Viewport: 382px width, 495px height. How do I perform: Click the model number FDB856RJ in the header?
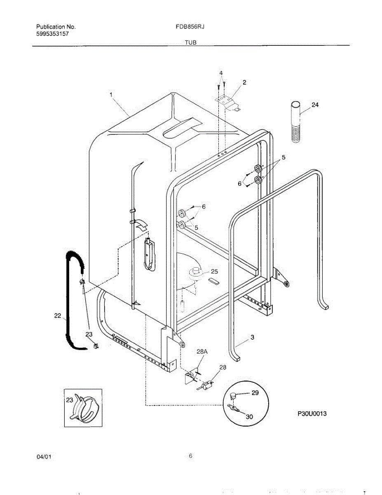[x=190, y=27]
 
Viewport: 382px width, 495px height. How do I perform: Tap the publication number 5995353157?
[x=52, y=34]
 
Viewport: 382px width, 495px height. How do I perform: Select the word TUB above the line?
[x=190, y=42]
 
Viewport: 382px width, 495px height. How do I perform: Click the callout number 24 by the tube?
[x=315, y=105]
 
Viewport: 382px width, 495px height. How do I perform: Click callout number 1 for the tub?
[x=111, y=95]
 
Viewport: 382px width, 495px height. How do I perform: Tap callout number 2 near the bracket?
[x=244, y=82]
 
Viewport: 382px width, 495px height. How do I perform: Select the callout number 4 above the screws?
[x=221, y=73]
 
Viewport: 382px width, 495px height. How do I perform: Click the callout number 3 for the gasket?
[x=252, y=337]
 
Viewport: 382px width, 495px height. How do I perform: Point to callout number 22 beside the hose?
[x=57, y=316]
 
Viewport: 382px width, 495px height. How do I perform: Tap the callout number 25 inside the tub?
[x=214, y=271]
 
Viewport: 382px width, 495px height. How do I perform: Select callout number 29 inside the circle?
[x=255, y=393]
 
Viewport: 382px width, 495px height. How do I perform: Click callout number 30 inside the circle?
[x=249, y=417]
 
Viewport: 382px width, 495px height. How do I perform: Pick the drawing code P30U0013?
[x=312, y=414]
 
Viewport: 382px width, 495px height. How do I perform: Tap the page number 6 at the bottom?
[x=191, y=456]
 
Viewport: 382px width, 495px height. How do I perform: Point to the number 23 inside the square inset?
[x=70, y=400]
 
